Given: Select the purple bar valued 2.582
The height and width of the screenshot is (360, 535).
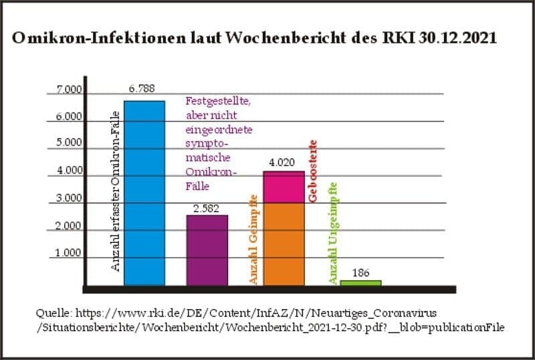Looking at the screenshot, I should pos(207,250).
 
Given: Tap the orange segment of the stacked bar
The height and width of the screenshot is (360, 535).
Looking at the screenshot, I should pos(284,244).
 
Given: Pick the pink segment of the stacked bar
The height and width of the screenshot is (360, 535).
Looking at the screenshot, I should pos(284,187).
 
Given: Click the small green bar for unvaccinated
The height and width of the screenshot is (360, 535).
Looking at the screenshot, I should pos(360,283).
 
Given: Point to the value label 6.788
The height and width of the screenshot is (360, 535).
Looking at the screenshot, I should pos(142,88).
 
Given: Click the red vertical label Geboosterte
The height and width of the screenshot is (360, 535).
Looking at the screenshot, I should pos(312,171).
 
